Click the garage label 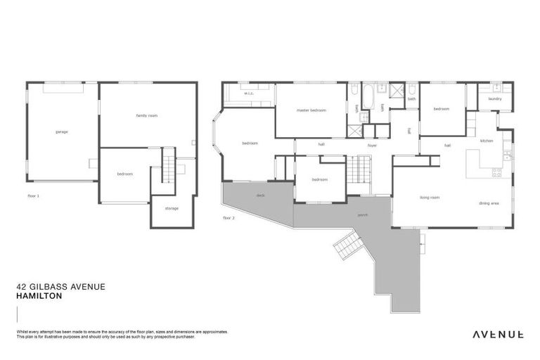[x=61, y=131]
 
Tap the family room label [x=146, y=115]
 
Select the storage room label [x=172, y=208]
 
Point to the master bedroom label [x=311, y=110]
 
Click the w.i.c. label [x=248, y=94]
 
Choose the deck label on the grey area [x=260, y=195]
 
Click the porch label [x=363, y=215]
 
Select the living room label [x=430, y=198]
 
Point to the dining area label [x=489, y=203]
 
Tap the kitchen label [x=487, y=141]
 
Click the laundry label [x=494, y=99]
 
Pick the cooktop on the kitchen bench [x=497, y=171]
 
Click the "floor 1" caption [x=32, y=195]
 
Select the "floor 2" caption [x=228, y=218]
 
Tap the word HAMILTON [x=39, y=296]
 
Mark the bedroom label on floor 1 [x=124, y=174]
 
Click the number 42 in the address [x=21, y=286]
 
